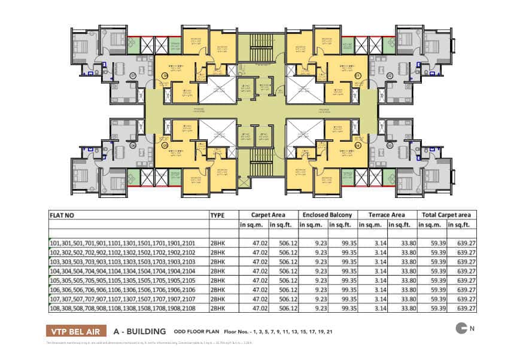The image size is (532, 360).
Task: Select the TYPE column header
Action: (x=218, y=215)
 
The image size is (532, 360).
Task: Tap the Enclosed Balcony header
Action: (x=327, y=215)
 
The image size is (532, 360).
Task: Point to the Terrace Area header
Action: (x=387, y=215)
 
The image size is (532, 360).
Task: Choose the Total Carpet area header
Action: (x=447, y=215)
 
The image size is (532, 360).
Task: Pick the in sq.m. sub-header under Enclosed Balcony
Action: (x=312, y=225)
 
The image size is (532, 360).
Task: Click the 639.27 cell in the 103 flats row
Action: (x=466, y=261)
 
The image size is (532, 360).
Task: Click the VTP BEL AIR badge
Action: (x=77, y=330)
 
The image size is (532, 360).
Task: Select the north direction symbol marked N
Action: (x=465, y=328)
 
